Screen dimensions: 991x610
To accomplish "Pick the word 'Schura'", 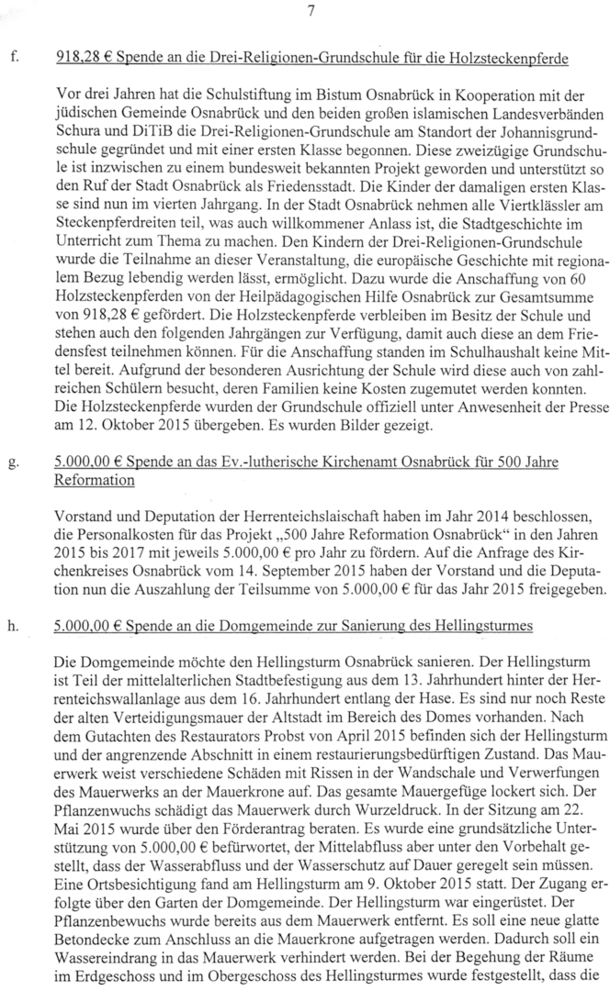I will tap(76, 140).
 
